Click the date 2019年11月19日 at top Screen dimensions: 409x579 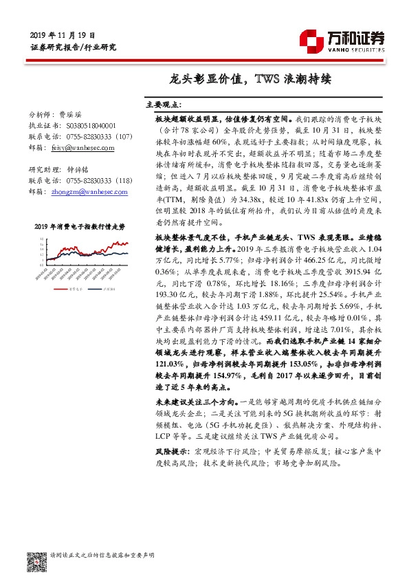click(63, 35)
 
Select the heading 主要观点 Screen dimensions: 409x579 click(164, 105)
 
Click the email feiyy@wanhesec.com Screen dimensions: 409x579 click(75, 146)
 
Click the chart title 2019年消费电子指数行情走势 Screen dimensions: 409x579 click(80, 226)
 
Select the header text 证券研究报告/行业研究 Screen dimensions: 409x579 click(74, 47)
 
